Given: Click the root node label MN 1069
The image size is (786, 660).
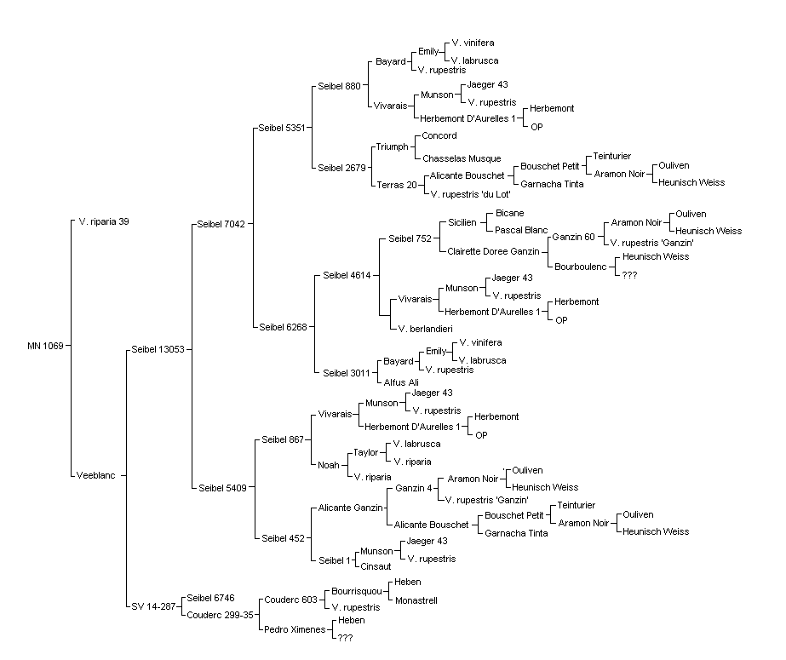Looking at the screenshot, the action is [45, 346].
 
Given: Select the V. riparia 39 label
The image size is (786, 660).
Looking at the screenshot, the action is [104, 221].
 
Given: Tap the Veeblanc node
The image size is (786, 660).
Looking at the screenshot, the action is [95, 475].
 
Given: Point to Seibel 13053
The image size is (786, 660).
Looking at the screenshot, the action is [158, 349].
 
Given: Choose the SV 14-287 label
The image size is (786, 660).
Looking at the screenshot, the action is [153, 606].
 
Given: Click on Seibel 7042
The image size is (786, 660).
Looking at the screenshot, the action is [221, 224].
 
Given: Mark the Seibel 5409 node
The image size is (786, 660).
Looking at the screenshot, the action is [222, 488].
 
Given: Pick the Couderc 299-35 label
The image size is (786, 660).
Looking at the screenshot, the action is [220, 615].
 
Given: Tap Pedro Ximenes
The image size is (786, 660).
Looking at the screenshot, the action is [295, 629].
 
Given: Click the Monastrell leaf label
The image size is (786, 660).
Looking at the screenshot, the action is [416, 600].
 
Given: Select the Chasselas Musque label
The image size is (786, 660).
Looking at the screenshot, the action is [462, 159].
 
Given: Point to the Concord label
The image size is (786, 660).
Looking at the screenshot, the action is [439, 135].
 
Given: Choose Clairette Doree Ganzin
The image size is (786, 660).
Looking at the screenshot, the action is [493, 251].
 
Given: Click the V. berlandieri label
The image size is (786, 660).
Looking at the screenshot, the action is [426, 330].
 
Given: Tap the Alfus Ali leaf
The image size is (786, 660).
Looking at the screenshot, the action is [401, 382].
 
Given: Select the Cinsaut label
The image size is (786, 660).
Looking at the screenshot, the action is [376, 567].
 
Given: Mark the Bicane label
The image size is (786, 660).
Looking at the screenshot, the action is [510, 213].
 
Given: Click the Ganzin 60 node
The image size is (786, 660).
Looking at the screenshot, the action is [573, 237].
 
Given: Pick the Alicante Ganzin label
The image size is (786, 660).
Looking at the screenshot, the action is [350, 508].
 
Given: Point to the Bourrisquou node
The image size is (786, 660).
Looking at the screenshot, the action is [357, 591].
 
